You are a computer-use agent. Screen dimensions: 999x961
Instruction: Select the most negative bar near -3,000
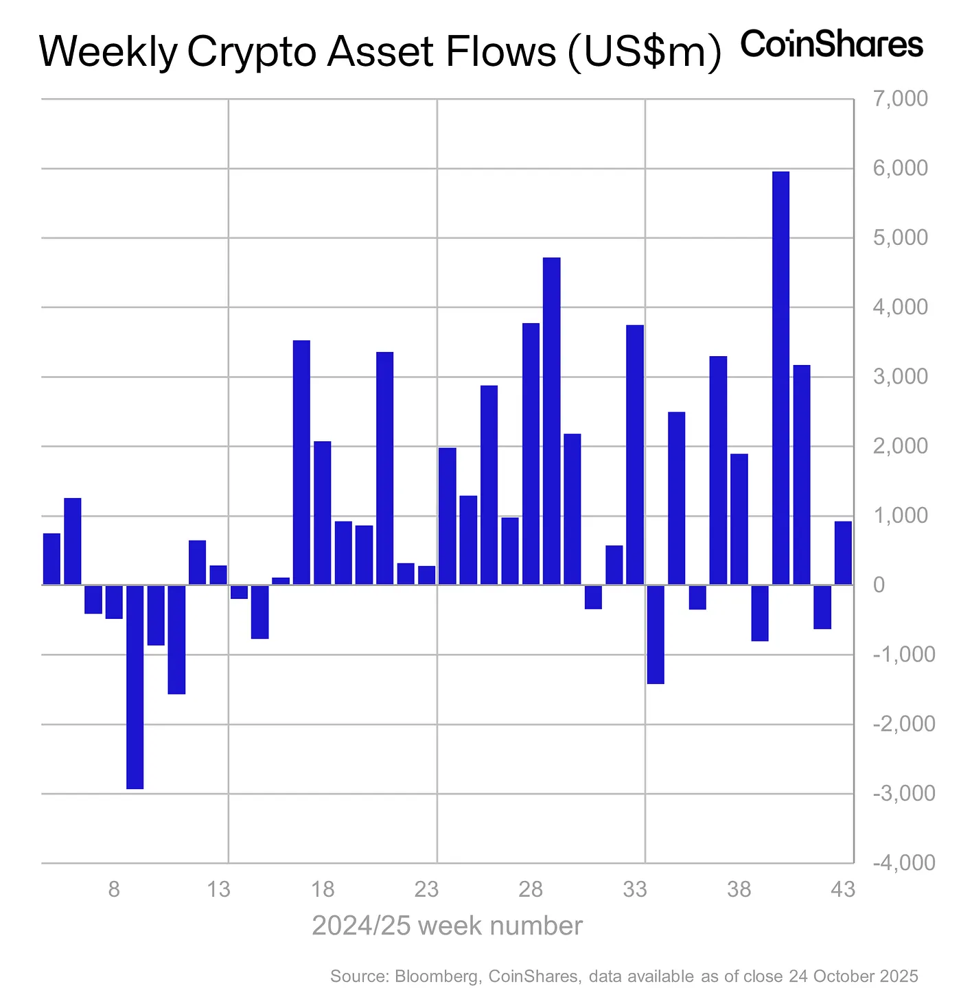[x=135, y=686]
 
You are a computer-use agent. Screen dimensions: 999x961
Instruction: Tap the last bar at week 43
[x=843, y=553]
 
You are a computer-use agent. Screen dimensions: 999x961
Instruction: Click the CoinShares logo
[x=832, y=45]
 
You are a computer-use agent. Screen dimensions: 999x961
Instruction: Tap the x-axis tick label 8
[x=114, y=891]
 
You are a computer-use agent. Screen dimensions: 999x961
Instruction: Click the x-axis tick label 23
[x=426, y=891]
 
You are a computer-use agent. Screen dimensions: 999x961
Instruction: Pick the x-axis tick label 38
[x=739, y=891]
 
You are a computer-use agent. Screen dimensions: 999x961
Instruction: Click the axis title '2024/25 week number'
[x=447, y=926]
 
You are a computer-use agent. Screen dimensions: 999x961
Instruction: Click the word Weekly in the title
[x=107, y=52]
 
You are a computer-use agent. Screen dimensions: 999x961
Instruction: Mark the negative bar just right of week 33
[x=656, y=634]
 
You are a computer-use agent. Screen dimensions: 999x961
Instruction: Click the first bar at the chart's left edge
[x=51, y=559]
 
